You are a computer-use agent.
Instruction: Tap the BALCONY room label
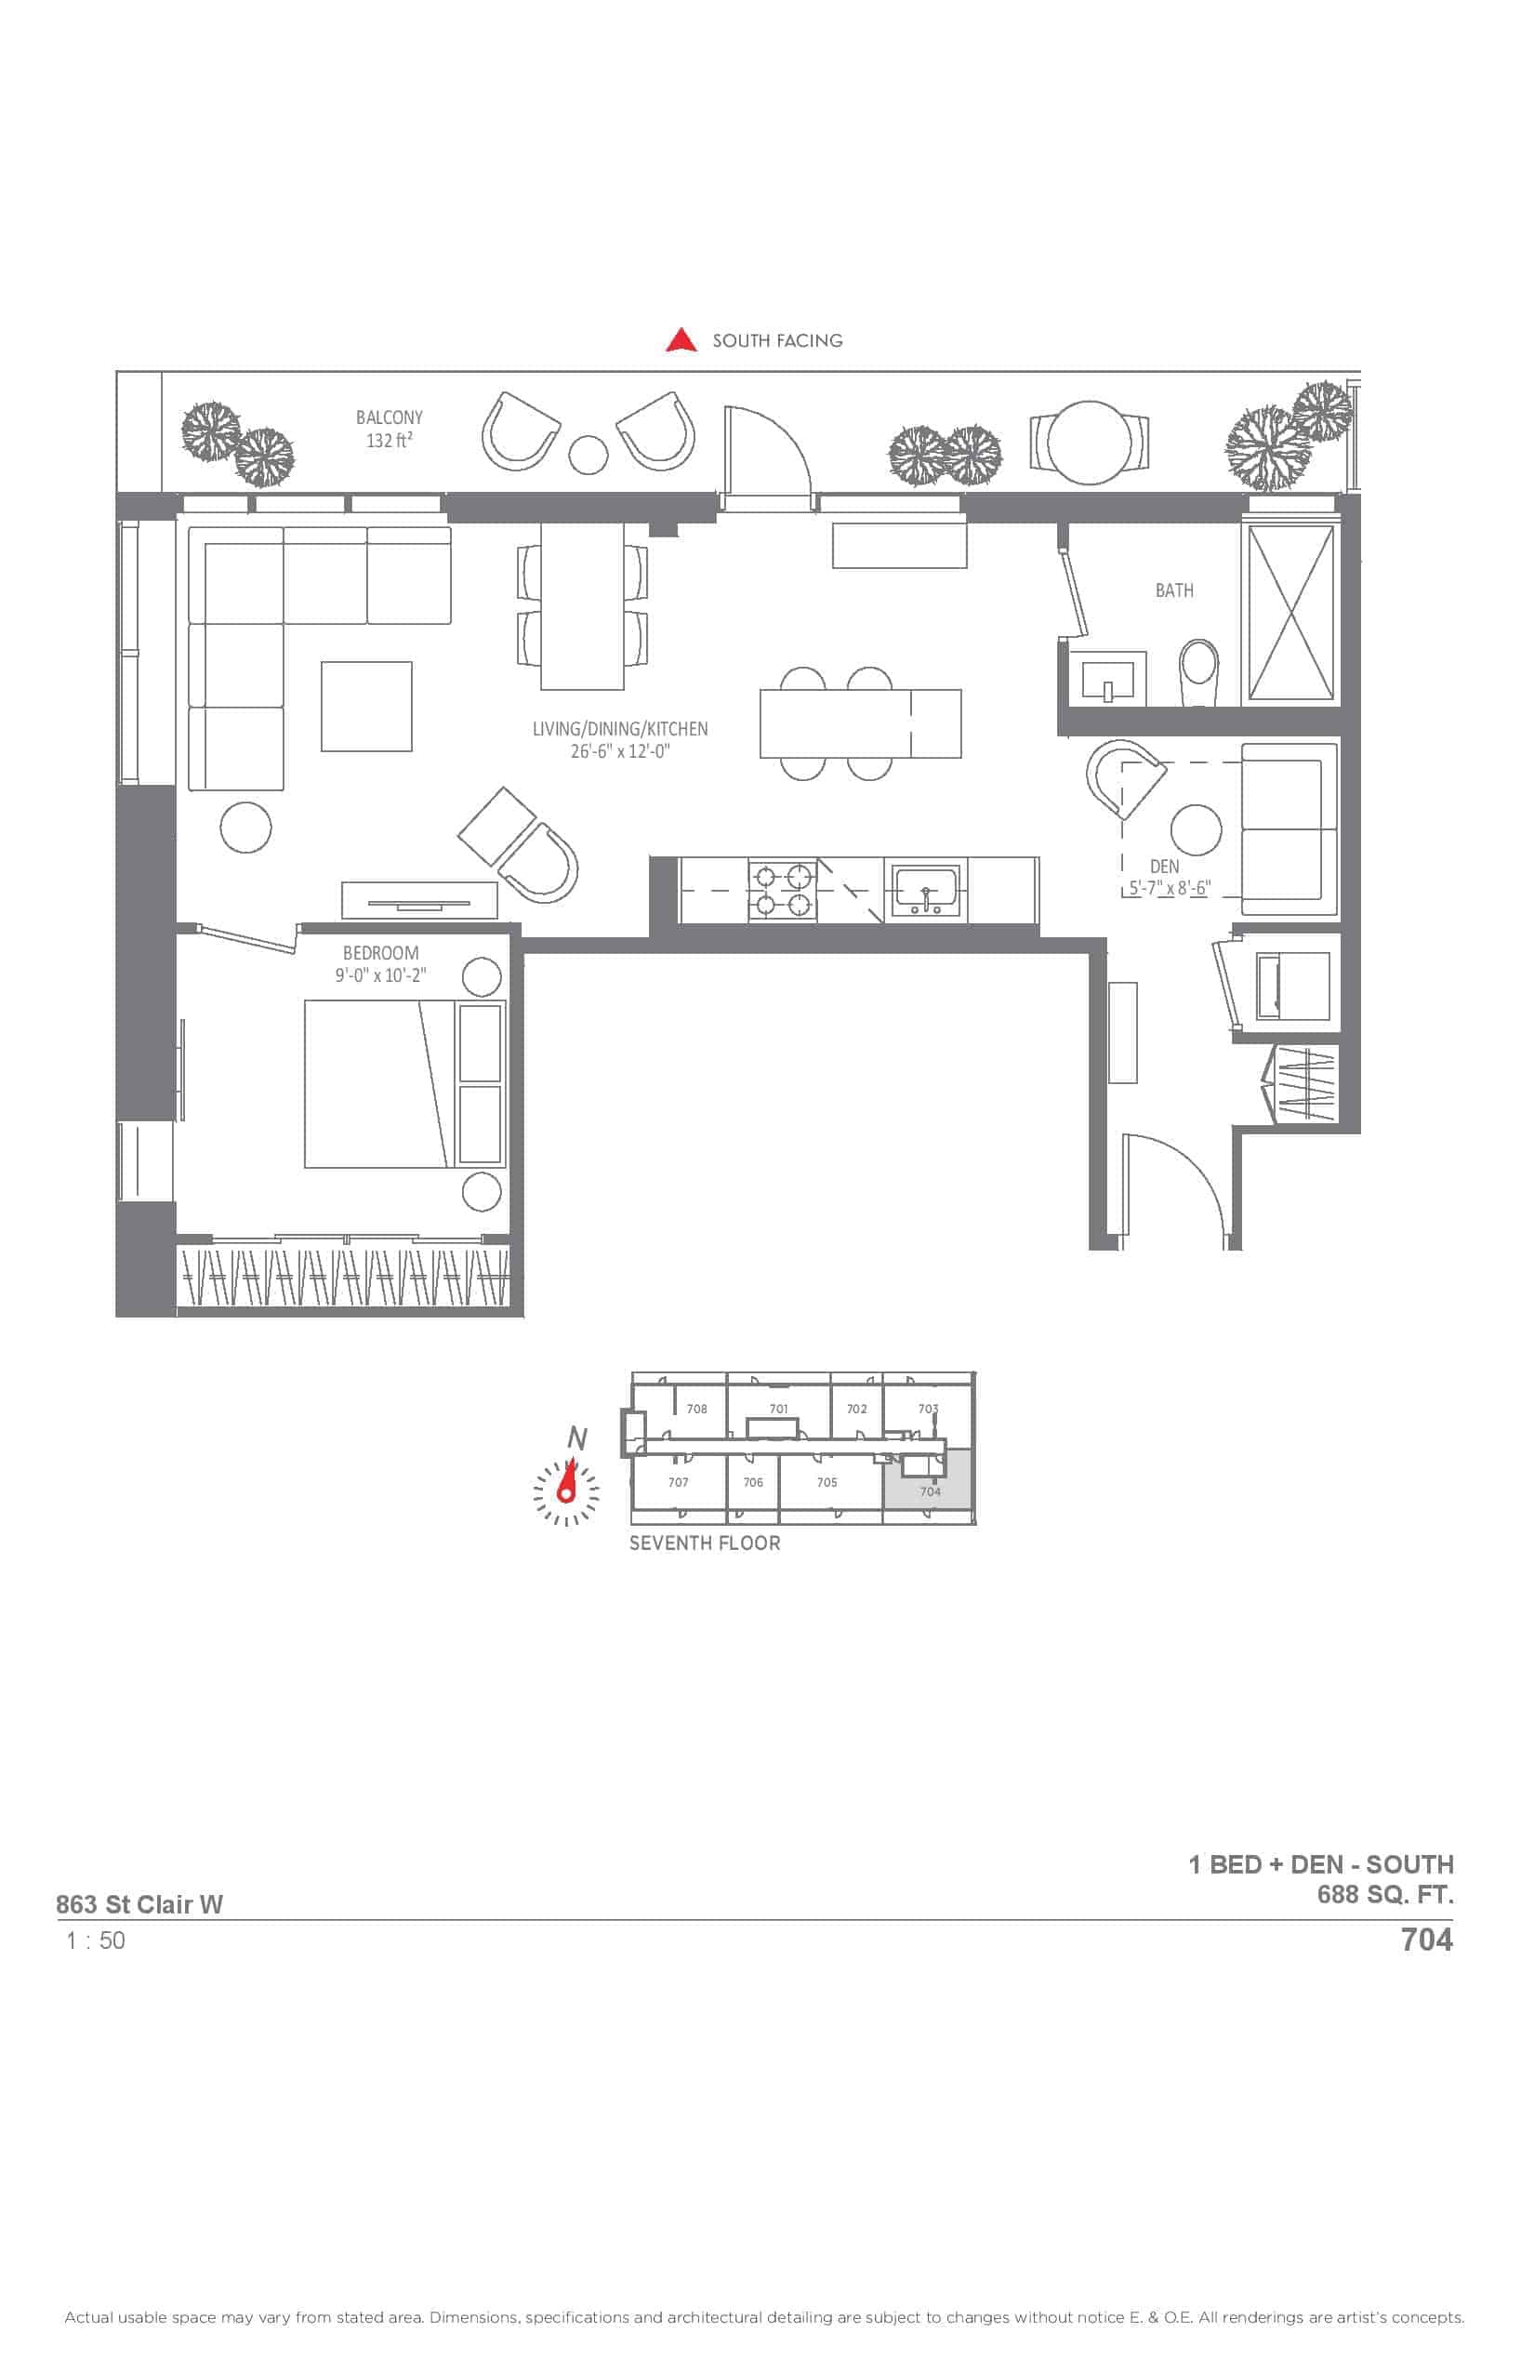click(389, 417)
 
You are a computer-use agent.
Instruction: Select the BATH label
click(1174, 590)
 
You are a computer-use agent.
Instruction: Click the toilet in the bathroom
click(1199, 672)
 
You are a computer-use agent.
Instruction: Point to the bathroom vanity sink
click(1107, 679)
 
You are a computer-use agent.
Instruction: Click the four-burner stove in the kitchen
click(782, 891)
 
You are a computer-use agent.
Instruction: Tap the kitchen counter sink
click(925, 889)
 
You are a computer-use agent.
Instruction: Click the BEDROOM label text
click(380, 953)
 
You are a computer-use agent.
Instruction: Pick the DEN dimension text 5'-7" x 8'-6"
click(1170, 889)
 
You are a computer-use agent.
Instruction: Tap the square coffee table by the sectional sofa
click(366, 707)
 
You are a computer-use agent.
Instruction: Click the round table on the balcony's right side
click(1090, 443)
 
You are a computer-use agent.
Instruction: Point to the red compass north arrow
click(568, 1480)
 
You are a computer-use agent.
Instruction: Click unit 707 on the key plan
click(679, 1482)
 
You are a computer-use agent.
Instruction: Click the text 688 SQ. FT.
click(1384, 1894)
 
